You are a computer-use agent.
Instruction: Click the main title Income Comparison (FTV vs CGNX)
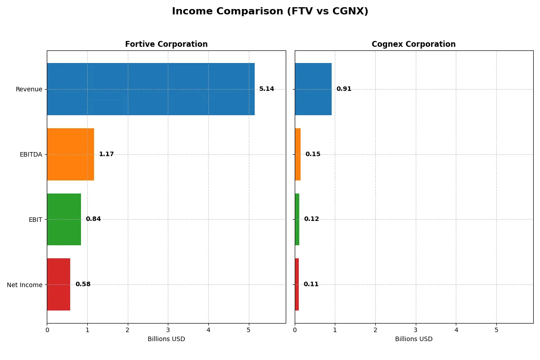tap(270, 12)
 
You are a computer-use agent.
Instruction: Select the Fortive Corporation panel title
tap(166, 44)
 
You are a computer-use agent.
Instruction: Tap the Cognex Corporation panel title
tap(414, 44)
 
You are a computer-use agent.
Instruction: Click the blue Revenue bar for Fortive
tap(151, 89)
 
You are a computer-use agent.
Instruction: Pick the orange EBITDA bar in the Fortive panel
tap(71, 154)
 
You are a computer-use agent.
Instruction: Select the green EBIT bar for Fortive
tap(64, 219)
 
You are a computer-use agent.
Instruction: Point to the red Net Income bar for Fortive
tap(58, 284)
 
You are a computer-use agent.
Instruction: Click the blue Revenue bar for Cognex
tap(313, 89)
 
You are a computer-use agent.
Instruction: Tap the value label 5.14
tap(266, 89)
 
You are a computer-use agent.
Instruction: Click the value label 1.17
tap(106, 154)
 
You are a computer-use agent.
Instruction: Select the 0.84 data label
tap(93, 219)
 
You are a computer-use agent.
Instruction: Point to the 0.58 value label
tap(83, 284)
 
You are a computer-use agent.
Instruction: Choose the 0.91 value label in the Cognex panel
tap(344, 89)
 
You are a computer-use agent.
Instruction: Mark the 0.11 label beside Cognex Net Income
tap(311, 284)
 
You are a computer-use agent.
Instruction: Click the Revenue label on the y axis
tap(29, 89)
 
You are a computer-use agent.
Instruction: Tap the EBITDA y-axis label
tap(31, 154)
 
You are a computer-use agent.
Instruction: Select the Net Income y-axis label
tap(24, 285)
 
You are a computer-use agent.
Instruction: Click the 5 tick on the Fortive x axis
tap(248, 330)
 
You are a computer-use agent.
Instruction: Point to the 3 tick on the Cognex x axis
tap(416, 330)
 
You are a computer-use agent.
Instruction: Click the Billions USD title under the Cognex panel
tap(414, 339)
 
